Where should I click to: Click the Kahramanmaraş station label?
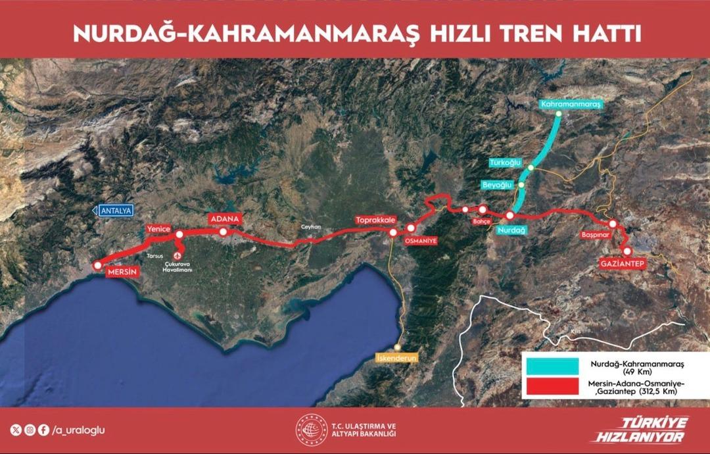(571, 104)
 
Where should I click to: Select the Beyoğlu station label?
(497, 185)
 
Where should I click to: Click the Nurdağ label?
(512, 230)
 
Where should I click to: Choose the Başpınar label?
(596, 234)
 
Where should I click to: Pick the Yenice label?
(158, 229)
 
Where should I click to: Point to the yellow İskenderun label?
(397, 358)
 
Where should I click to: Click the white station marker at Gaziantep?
(627, 251)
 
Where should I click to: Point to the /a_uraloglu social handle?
(78, 430)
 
